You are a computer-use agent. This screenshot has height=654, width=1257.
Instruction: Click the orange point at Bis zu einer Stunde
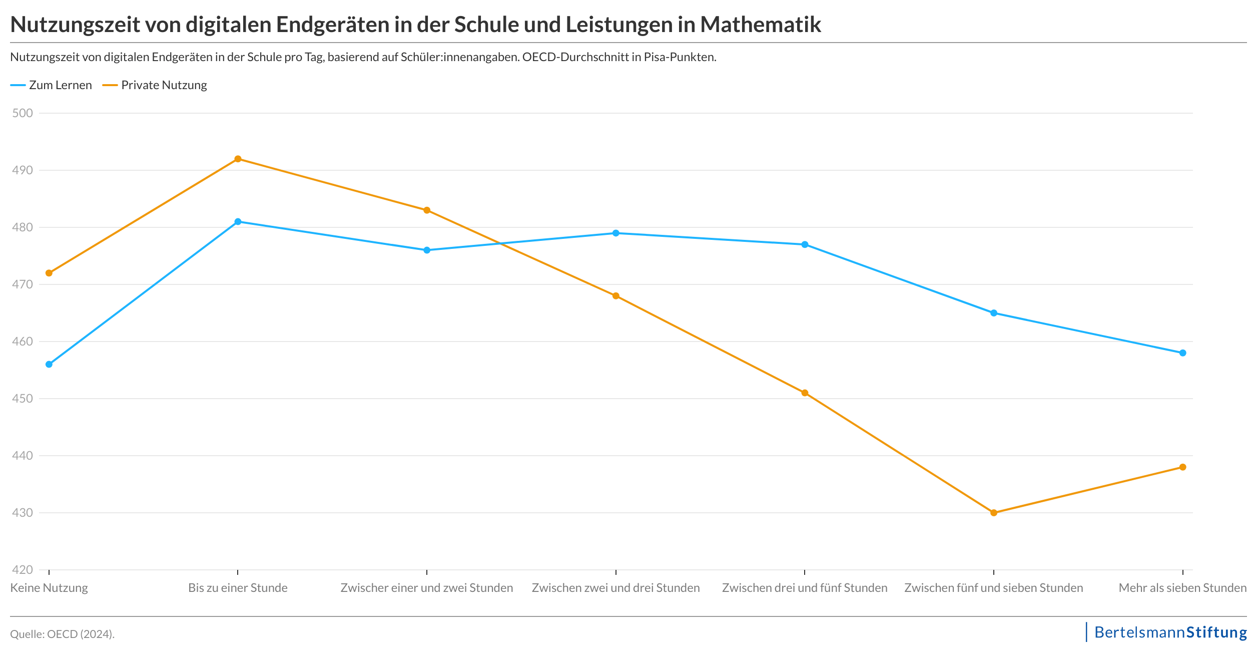pyautogui.click(x=238, y=159)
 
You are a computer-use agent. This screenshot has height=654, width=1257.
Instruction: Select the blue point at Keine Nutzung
pyautogui.click(x=49, y=365)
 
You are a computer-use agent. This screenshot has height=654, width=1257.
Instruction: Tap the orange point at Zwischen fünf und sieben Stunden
pyautogui.click(x=994, y=513)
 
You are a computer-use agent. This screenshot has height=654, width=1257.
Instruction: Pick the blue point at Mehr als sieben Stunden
pyautogui.click(x=1183, y=353)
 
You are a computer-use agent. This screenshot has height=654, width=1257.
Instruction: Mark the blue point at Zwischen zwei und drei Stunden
pyautogui.click(x=616, y=233)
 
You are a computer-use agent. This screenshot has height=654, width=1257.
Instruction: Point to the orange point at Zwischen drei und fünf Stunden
pyautogui.click(x=805, y=393)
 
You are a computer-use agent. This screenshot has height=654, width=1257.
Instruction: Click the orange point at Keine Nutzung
pyautogui.click(x=49, y=273)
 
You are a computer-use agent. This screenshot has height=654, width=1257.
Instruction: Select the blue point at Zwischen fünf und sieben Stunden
pyautogui.click(x=994, y=313)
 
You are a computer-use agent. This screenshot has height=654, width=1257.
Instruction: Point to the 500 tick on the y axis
pyautogui.click(x=23, y=113)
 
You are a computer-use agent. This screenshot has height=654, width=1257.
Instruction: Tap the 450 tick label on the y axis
pyautogui.click(x=23, y=399)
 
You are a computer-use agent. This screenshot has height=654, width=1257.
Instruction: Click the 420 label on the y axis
pyautogui.click(x=23, y=570)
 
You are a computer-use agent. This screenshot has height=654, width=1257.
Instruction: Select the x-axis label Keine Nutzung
pyautogui.click(x=49, y=588)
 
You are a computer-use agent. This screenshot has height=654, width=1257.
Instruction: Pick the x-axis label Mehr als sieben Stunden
pyautogui.click(x=1182, y=588)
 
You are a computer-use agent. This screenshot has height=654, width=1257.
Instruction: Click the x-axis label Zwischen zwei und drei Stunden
pyautogui.click(x=615, y=588)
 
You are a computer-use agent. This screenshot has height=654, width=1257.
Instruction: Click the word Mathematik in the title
pyautogui.click(x=761, y=25)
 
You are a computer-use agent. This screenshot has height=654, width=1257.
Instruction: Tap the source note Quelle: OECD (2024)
pyautogui.click(x=63, y=634)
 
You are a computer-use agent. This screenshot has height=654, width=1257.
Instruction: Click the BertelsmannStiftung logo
pyautogui.click(x=1170, y=632)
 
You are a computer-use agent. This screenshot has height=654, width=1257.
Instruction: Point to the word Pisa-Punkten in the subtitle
pyautogui.click(x=680, y=57)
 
